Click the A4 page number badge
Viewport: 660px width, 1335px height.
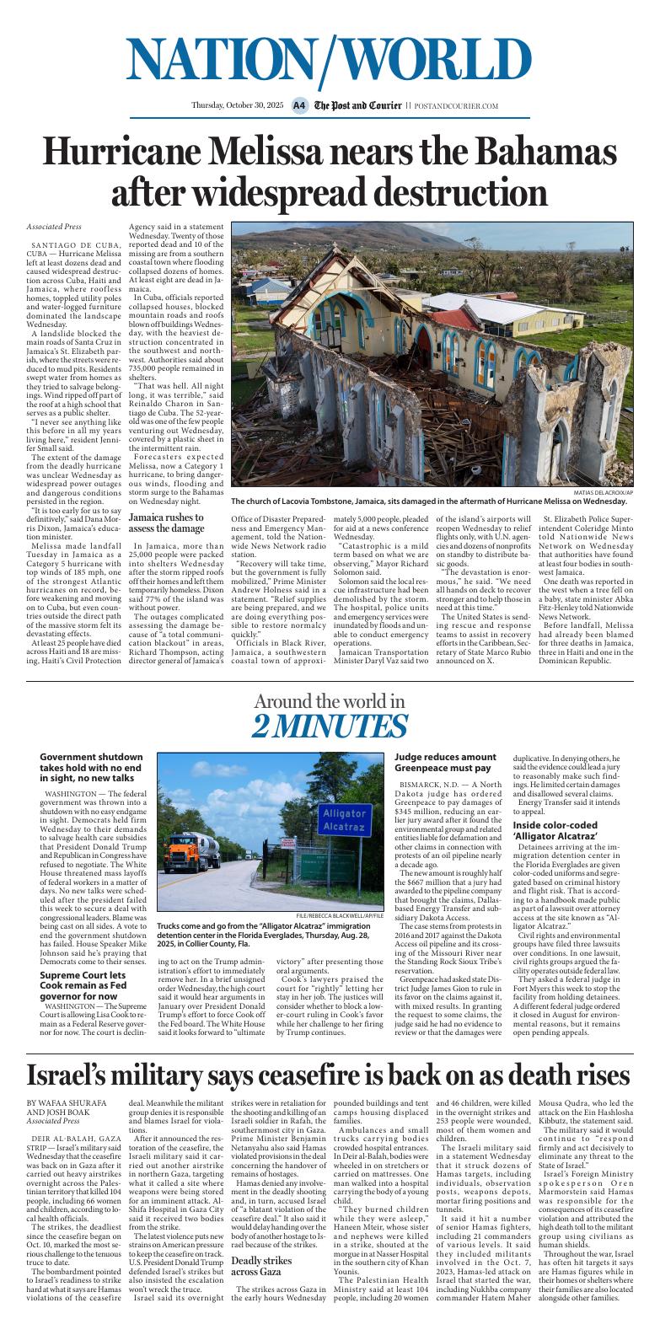point(299,105)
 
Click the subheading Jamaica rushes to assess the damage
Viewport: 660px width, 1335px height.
point(166,523)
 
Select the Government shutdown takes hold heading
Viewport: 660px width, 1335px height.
point(90,768)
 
